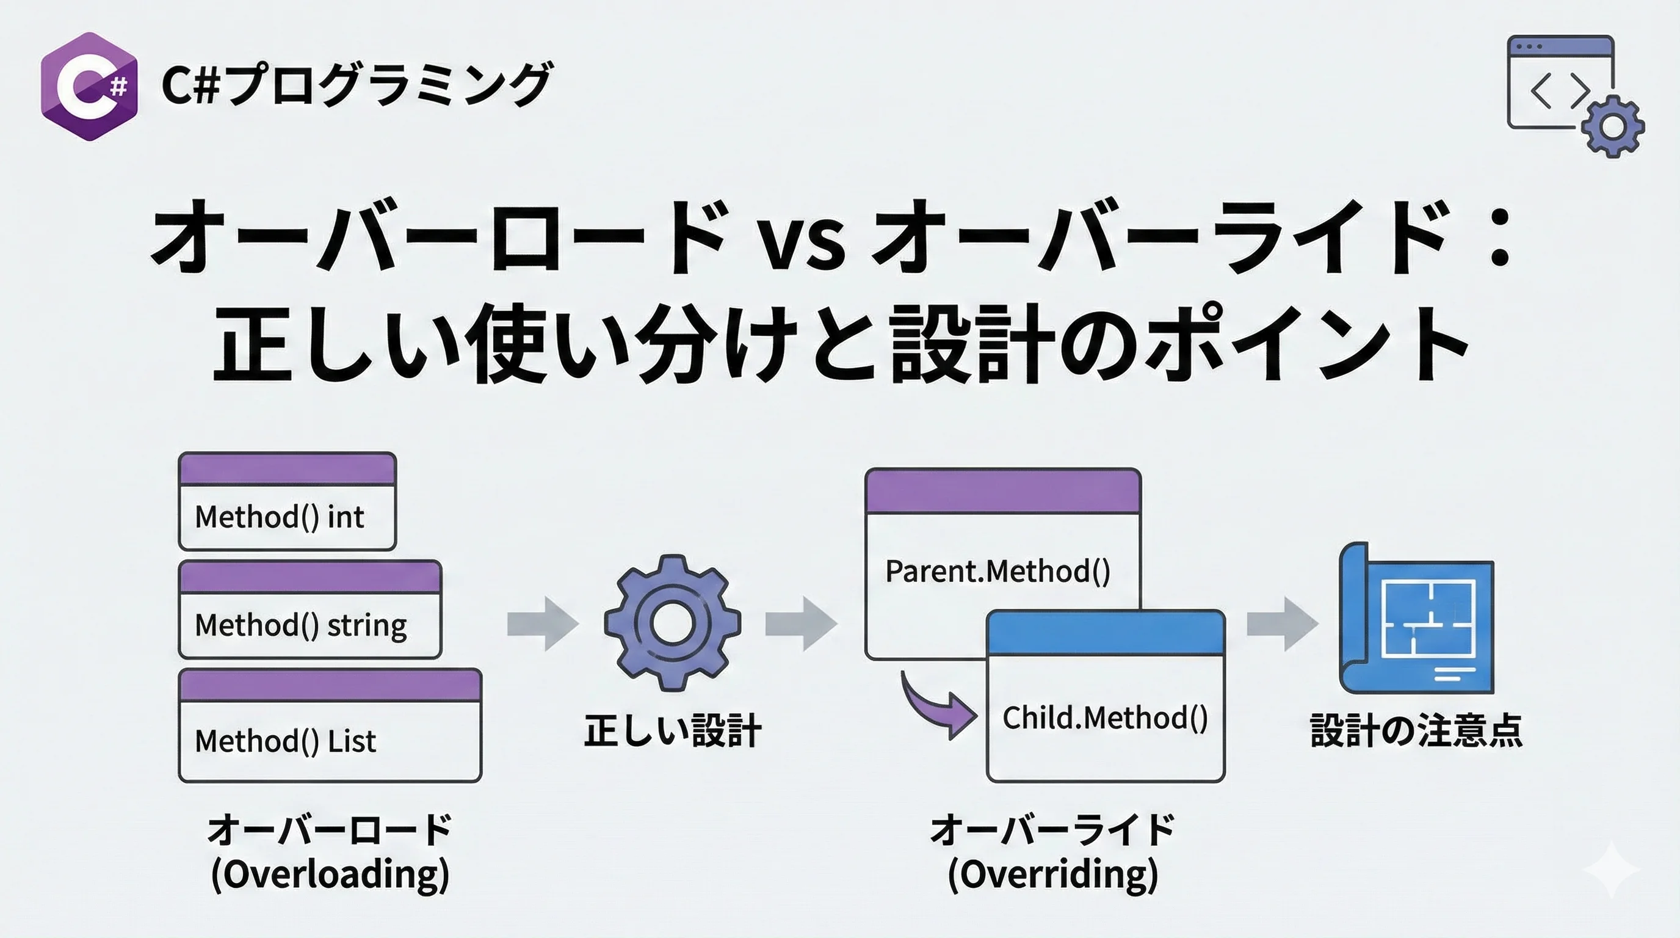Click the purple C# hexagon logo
point(89,86)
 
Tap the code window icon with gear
point(1575,95)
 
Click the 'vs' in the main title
point(804,241)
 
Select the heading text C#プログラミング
point(357,85)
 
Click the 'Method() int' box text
point(279,517)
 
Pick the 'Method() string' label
point(300,625)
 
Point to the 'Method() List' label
point(285,741)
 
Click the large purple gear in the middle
point(672,622)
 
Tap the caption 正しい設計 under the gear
point(672,730)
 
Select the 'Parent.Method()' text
point(997,572)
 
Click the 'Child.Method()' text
point(1105,718)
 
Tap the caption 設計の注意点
point(1416,730)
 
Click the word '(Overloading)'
point(330,874)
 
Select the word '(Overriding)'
point(1052,874)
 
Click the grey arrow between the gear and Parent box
point(801,624)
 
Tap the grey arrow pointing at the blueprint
point(1282,624)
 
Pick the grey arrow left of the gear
point(543,624)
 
